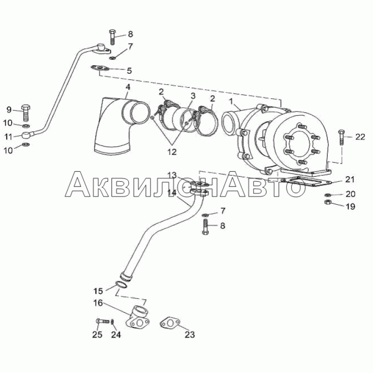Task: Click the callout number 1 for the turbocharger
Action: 230,102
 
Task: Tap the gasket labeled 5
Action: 100,69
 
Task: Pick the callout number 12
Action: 172,152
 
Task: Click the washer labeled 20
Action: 327,195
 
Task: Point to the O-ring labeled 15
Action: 122,285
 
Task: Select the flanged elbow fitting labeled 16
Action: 138,318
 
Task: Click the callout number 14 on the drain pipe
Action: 172,192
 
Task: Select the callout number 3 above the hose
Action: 193,96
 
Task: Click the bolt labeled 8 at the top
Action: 112,37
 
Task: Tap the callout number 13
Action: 172,175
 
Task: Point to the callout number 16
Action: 98,303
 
